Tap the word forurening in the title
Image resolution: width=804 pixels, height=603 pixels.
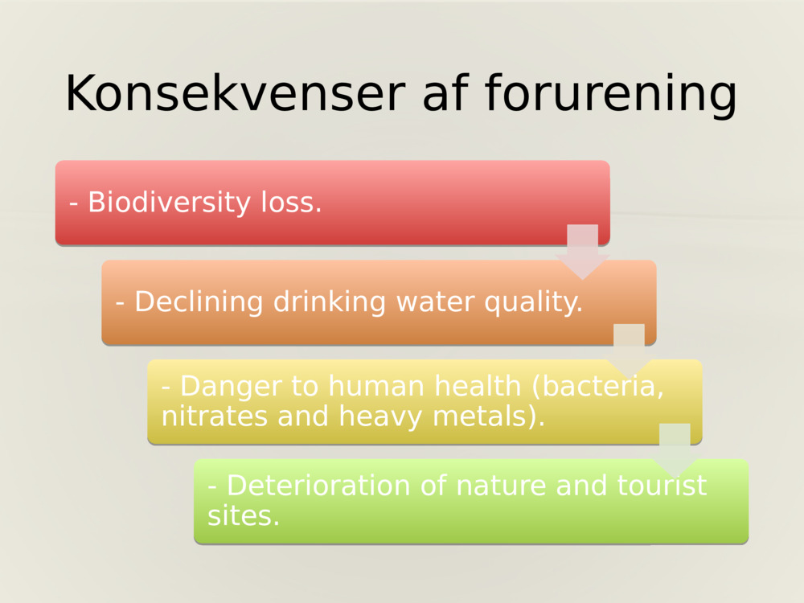pos(611,95)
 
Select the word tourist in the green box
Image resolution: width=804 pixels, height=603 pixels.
pos(662,486)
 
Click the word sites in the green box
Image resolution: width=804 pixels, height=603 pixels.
pos(243,515)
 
